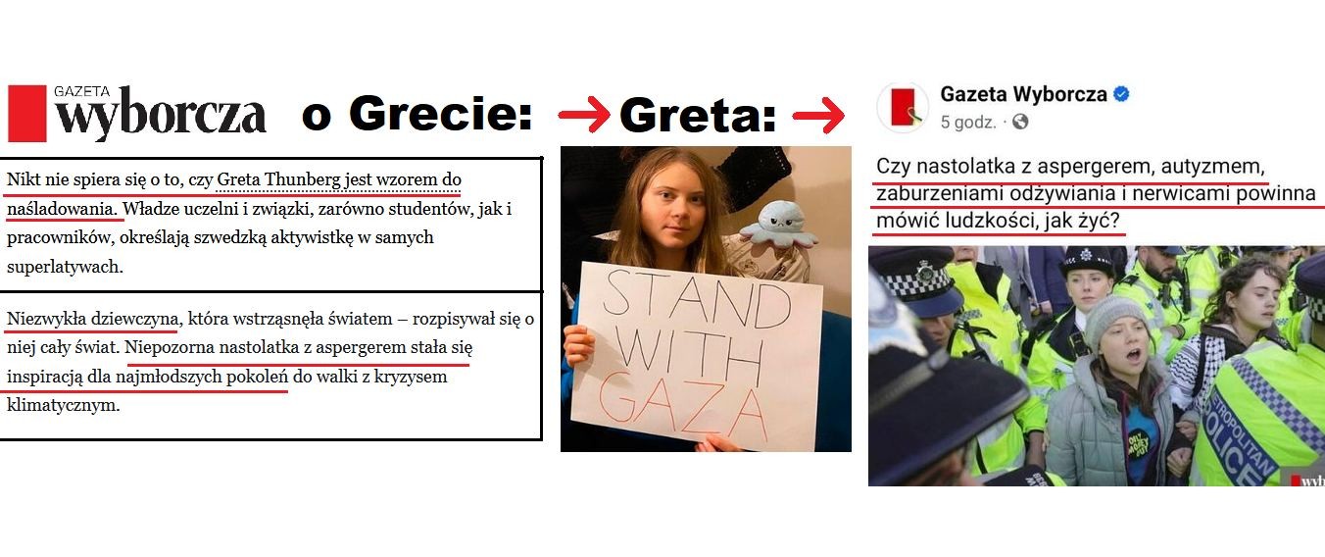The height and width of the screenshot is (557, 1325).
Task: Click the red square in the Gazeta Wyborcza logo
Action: [x=26, y=114]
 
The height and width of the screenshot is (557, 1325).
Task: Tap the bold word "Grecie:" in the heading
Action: [x=441, y=113]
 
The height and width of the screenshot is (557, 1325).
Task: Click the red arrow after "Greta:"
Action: [x=818, y=115]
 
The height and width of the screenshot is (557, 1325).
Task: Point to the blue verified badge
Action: [x=1121, y=94]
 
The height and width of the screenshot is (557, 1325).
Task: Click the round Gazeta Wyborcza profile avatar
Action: [x=903, y=107]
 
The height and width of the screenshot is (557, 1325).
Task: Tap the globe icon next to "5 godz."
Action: [x=1020, y=122]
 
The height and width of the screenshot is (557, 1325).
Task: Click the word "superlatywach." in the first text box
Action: [x=65, y=267]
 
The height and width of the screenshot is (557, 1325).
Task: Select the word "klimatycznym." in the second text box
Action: [x=64, y=405]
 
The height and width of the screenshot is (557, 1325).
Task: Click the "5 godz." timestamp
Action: [x=968, y=123]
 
